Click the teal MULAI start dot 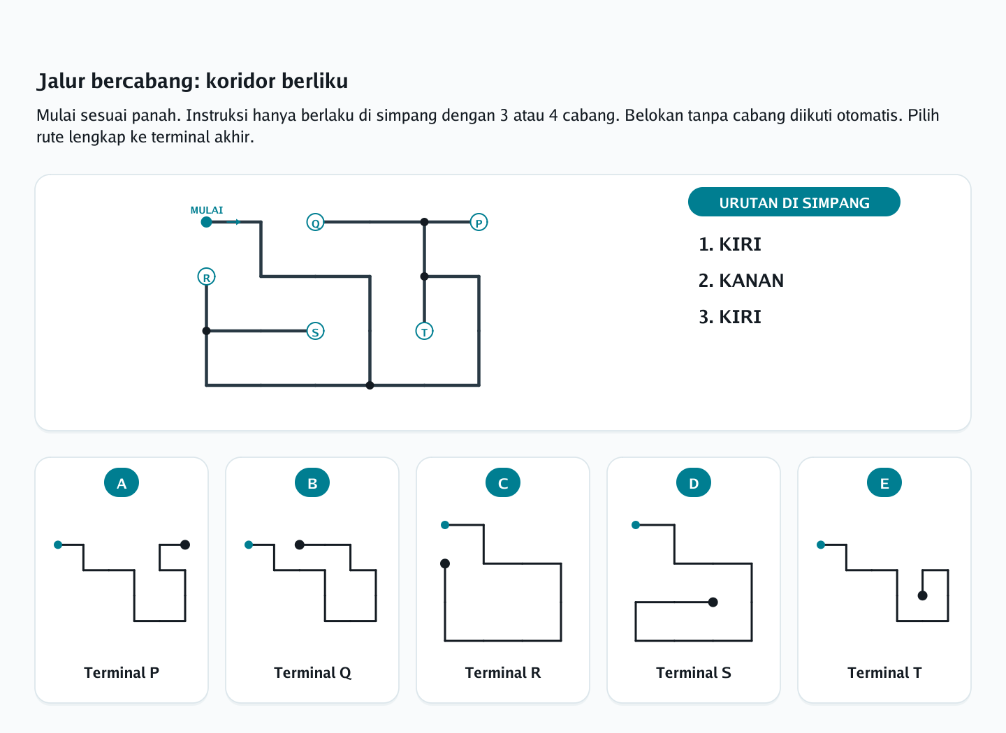tap(206, 222)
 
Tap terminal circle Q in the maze tap(315, 222)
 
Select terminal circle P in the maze tap(479, 222)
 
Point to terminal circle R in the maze tap(206, 276)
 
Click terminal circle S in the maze tap(315, 332)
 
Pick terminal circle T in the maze tap(425, 332)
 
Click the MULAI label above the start tap(207, 210)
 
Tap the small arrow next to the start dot tap(233, 222)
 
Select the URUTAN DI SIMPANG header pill tap(794, 202)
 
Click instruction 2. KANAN tap(741, 281)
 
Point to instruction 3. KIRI tap(730, 317)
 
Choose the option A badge tap(122, 483)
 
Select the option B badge tap(312, 483)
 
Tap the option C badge tap(503, 483)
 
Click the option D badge tap(694, 483)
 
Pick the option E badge tap(884, 483)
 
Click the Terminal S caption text tap(694, 673)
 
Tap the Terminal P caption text tap(122, 673)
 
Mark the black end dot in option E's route tap(922, 595)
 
